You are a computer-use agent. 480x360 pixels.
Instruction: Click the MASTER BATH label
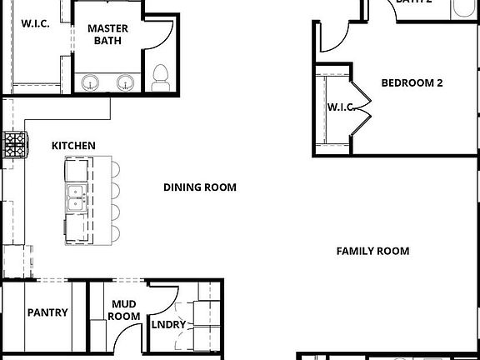tap(107, 33)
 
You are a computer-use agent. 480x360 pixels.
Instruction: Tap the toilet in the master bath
tap(161, 77)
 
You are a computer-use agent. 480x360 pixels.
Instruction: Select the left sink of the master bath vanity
tap(90, 82)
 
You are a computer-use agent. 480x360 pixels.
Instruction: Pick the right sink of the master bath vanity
tap(125, 82)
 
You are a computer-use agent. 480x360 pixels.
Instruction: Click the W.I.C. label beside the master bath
tap(34, 23)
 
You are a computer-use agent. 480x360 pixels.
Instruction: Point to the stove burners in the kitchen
tap(14, 145)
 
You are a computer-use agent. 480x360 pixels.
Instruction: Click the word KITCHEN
tap(73, 146)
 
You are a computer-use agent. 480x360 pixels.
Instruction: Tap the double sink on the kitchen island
tap(77, 197)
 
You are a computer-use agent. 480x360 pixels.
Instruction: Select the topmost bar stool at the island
tap(114, 169)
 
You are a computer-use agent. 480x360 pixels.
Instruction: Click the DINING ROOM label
tap(199, 187)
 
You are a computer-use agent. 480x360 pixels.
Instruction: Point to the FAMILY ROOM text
tap(372, 251)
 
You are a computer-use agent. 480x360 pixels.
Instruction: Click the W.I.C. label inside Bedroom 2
tap(341, 107)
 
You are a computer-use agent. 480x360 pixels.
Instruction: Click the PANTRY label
tap(47, 313)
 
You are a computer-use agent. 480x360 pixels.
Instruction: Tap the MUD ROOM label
tap(124, 310)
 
